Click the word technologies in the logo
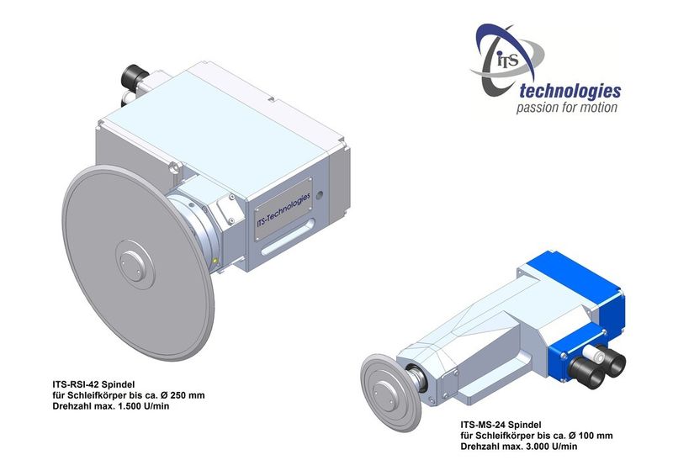pyautogui.click(x=570, y=92)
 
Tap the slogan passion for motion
pyautogui.click(x=566, y=108)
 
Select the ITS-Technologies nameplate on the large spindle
pyautogui.click(x=283, y=209)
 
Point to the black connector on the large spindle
pyautogui.click(x=133, y=76)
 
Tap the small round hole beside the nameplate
pyautogui.click(x=319, y=196)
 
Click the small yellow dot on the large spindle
pyautogui.click(x=215, y=261)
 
